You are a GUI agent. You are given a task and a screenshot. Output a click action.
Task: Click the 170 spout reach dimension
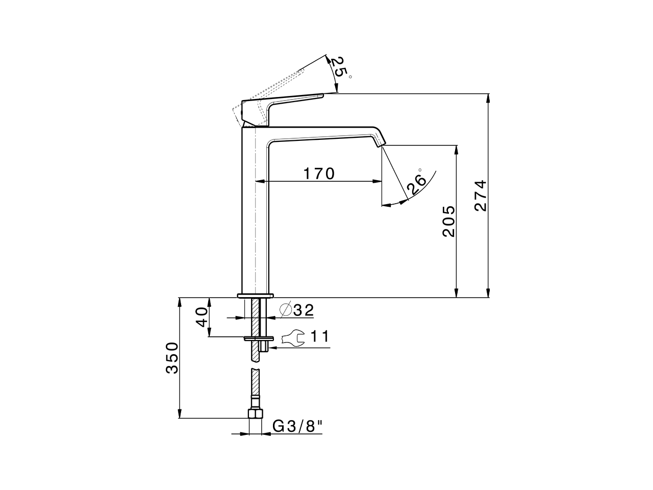[x=319, y=174]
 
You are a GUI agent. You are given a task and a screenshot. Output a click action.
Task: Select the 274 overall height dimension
[x=481, y=195]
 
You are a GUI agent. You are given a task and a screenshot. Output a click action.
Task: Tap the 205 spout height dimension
[x=448, y=221]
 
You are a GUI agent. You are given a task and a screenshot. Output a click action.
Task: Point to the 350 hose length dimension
[x=172, y=358]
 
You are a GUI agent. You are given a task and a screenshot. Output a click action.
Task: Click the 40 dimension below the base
[x=202, y=317]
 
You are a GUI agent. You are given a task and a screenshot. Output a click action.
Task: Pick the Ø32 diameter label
[x=296, y=310]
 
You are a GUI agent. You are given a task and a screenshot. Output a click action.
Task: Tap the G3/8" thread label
[x=298, y=426]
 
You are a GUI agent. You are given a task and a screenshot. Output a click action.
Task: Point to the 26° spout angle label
[x=416, y=183]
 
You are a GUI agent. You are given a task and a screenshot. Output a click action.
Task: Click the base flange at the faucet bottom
[x=256, y=295]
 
